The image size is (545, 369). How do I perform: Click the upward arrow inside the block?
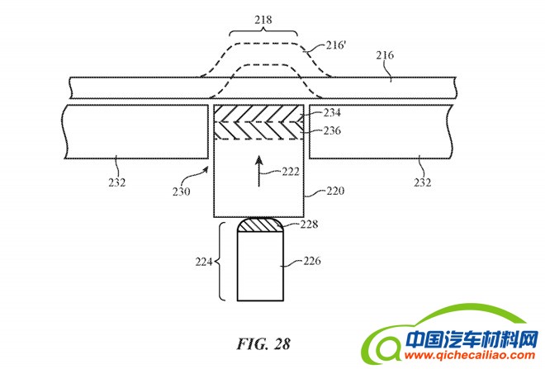258,167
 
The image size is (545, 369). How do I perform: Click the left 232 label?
116,182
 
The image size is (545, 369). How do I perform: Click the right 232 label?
422,182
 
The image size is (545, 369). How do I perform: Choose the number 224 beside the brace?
201,263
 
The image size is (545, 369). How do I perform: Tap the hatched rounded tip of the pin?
259,225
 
